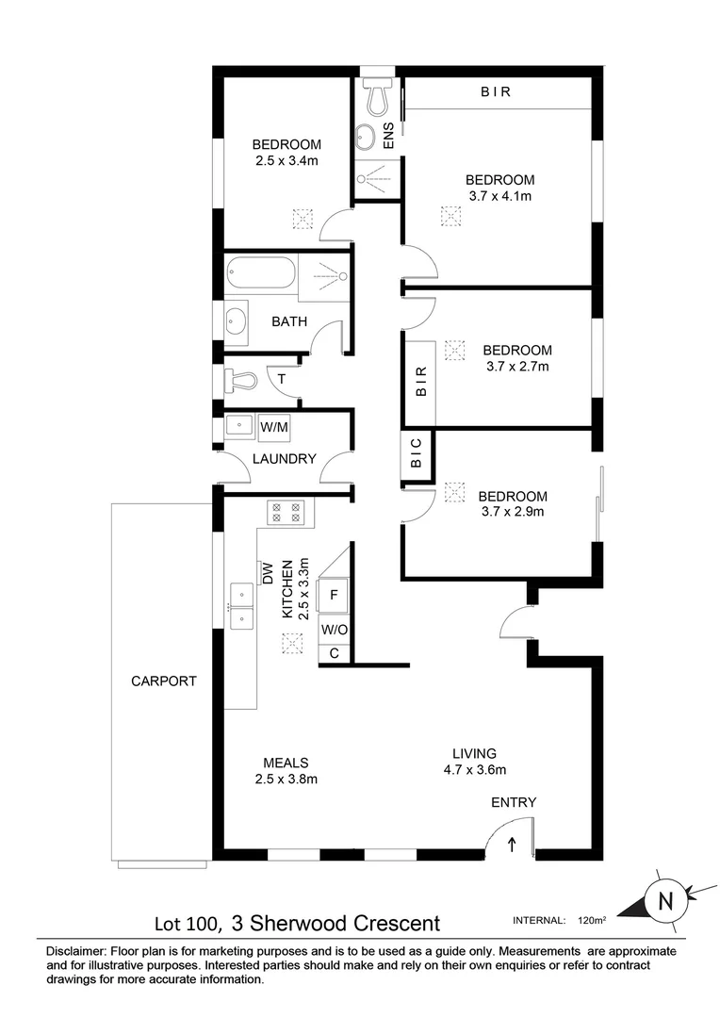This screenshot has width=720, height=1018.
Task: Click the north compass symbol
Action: click(x=665, y=900)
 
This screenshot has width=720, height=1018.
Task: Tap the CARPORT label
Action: click(x=164, y=681)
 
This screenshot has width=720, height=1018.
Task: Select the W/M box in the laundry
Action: click(x=273, y=427)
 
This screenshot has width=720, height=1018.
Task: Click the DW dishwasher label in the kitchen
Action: click(x=267, y=571)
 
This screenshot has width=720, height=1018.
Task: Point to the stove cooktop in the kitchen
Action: click(x=286, y=512)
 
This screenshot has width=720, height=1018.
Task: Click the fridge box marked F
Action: click(x=335, y=595)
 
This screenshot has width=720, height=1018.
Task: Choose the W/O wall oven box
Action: click(x=335, y=629)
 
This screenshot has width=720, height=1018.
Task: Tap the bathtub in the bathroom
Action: click(x=260, y=273)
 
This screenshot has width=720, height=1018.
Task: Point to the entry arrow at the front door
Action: click(x=512, y=844)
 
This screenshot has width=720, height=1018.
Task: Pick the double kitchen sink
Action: click(x=240, y=605)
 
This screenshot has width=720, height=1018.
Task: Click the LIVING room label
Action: click(x=473, y=752)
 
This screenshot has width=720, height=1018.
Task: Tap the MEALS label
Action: click(x=286, y=763)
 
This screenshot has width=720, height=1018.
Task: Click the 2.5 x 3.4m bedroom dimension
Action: click(x=286, y=161)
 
